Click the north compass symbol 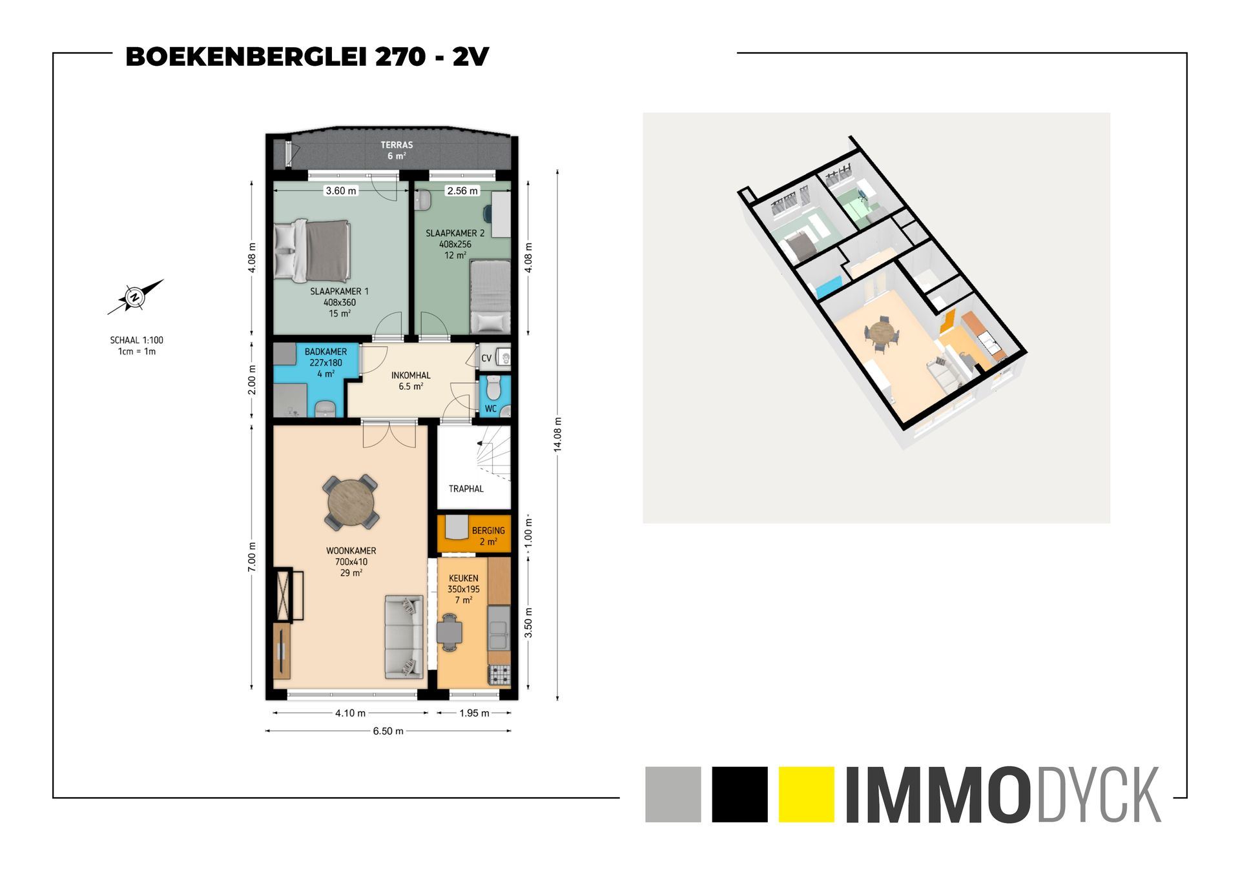click(x=135, y=297)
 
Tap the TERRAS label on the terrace click(x=397, y=145)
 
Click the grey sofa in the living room click(x=404, y=637)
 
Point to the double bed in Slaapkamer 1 click(x=313, y=250)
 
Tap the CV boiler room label click(x=486, y=358)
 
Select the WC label click(x=491, y=409)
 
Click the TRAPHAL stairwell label click(x=466, y=489)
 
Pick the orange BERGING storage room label click(x=488, y=531)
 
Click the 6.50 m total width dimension click(x=388, y=731)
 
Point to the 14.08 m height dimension click(x=558, y=434)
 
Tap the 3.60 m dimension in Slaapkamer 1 click(x=341, y=190)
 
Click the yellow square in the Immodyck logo click(x=807, y=794)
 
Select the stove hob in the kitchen click(x=499, y=675)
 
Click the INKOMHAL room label click(x=411, y=375)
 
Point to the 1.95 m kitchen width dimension click(x=475, y=713)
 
